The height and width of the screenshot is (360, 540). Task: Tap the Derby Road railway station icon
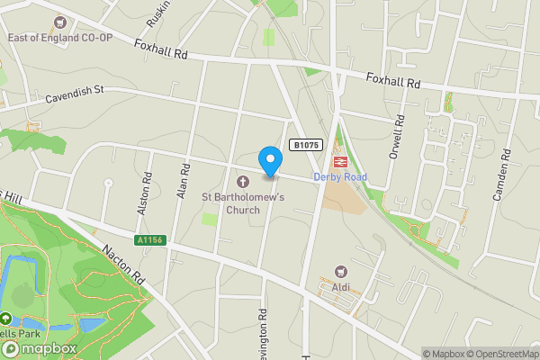click(341, 161)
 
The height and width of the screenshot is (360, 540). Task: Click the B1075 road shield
click(304, 144)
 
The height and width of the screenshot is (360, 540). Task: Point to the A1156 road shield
click(149, 240)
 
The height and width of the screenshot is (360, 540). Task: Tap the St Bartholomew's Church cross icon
click(243, 181)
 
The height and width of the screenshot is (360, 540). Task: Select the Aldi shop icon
click(341, 272)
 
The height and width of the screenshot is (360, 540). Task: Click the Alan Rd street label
click(184, 180)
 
